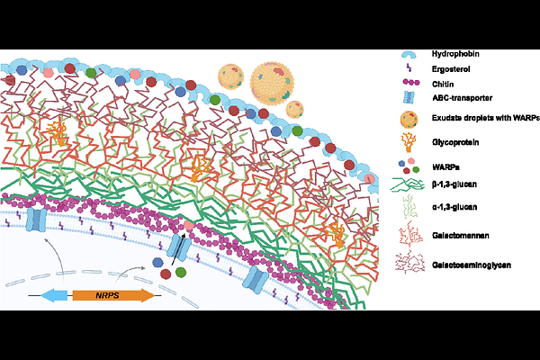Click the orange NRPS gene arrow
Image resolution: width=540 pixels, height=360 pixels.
pos(113,295)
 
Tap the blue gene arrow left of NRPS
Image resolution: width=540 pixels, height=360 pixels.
pos(54,295)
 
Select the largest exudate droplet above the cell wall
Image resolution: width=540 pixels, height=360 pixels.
pos(272,84)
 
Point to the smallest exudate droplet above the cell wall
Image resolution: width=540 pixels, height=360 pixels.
pos(295,110)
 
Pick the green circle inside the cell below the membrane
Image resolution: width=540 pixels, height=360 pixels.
pos(181,272)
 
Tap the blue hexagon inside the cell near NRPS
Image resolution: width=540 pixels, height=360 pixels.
pos(158,263)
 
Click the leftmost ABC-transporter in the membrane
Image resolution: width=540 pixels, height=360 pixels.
pos(36,219)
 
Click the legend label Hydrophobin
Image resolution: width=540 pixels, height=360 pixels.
pos(455,54)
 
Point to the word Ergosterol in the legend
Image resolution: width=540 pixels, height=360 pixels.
pos(451,69)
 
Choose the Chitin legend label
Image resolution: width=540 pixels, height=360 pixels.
pos(443,85)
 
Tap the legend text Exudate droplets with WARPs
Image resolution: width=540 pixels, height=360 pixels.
pos(486,118)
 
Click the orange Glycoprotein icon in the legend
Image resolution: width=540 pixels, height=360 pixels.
pos(409,142)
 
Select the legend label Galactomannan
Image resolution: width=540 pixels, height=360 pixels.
pos(461,236)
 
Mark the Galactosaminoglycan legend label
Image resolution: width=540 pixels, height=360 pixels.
pos(472,265)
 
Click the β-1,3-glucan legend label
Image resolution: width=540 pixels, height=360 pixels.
pos(454,184)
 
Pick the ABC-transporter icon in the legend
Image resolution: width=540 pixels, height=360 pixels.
pos(409,97)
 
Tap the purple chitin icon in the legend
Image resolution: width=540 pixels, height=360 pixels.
pos(411,83)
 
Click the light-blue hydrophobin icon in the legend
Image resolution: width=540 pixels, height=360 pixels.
pos(409,55)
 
